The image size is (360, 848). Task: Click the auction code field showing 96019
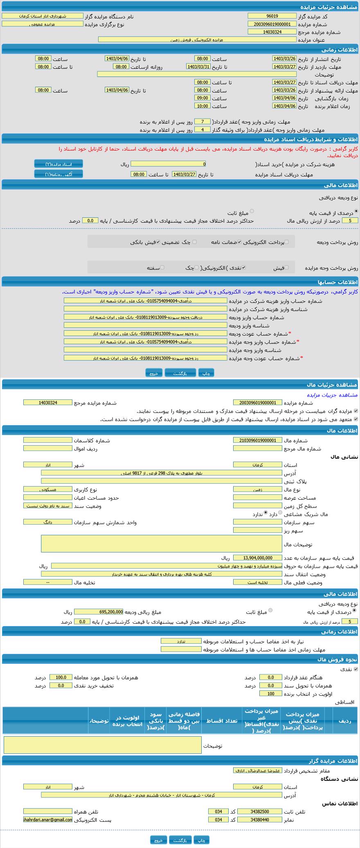[272, 16]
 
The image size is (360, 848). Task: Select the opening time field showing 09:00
[202, 98]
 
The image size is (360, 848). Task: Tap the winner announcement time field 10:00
[202, 106]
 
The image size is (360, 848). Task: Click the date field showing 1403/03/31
[198, 66]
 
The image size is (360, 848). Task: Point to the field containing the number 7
[202, 122]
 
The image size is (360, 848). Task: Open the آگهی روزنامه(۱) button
[59, 174]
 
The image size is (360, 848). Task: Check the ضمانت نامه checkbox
[240, 242]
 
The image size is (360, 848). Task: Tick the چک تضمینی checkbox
[194, 242]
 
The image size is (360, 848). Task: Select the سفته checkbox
[162, 267]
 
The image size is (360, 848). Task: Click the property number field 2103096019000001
[258, 440]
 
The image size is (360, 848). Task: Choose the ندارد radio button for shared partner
[266, 512]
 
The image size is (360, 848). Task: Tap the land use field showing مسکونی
[48, 489]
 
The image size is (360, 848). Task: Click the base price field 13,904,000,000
[258, 557]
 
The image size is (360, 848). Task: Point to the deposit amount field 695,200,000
[99, 612]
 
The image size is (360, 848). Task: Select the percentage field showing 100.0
[61, 677]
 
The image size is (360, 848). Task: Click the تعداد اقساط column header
[221, 721]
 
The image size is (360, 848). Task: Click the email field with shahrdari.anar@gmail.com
[48, 820]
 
